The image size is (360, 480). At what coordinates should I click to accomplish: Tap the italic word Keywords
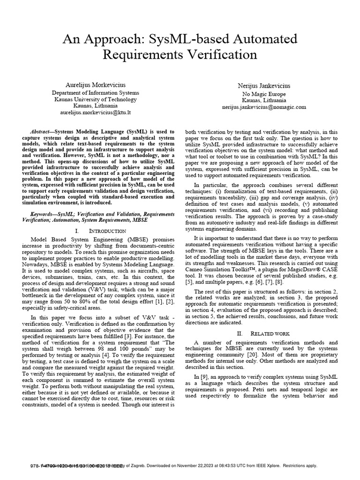pos(43,214)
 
